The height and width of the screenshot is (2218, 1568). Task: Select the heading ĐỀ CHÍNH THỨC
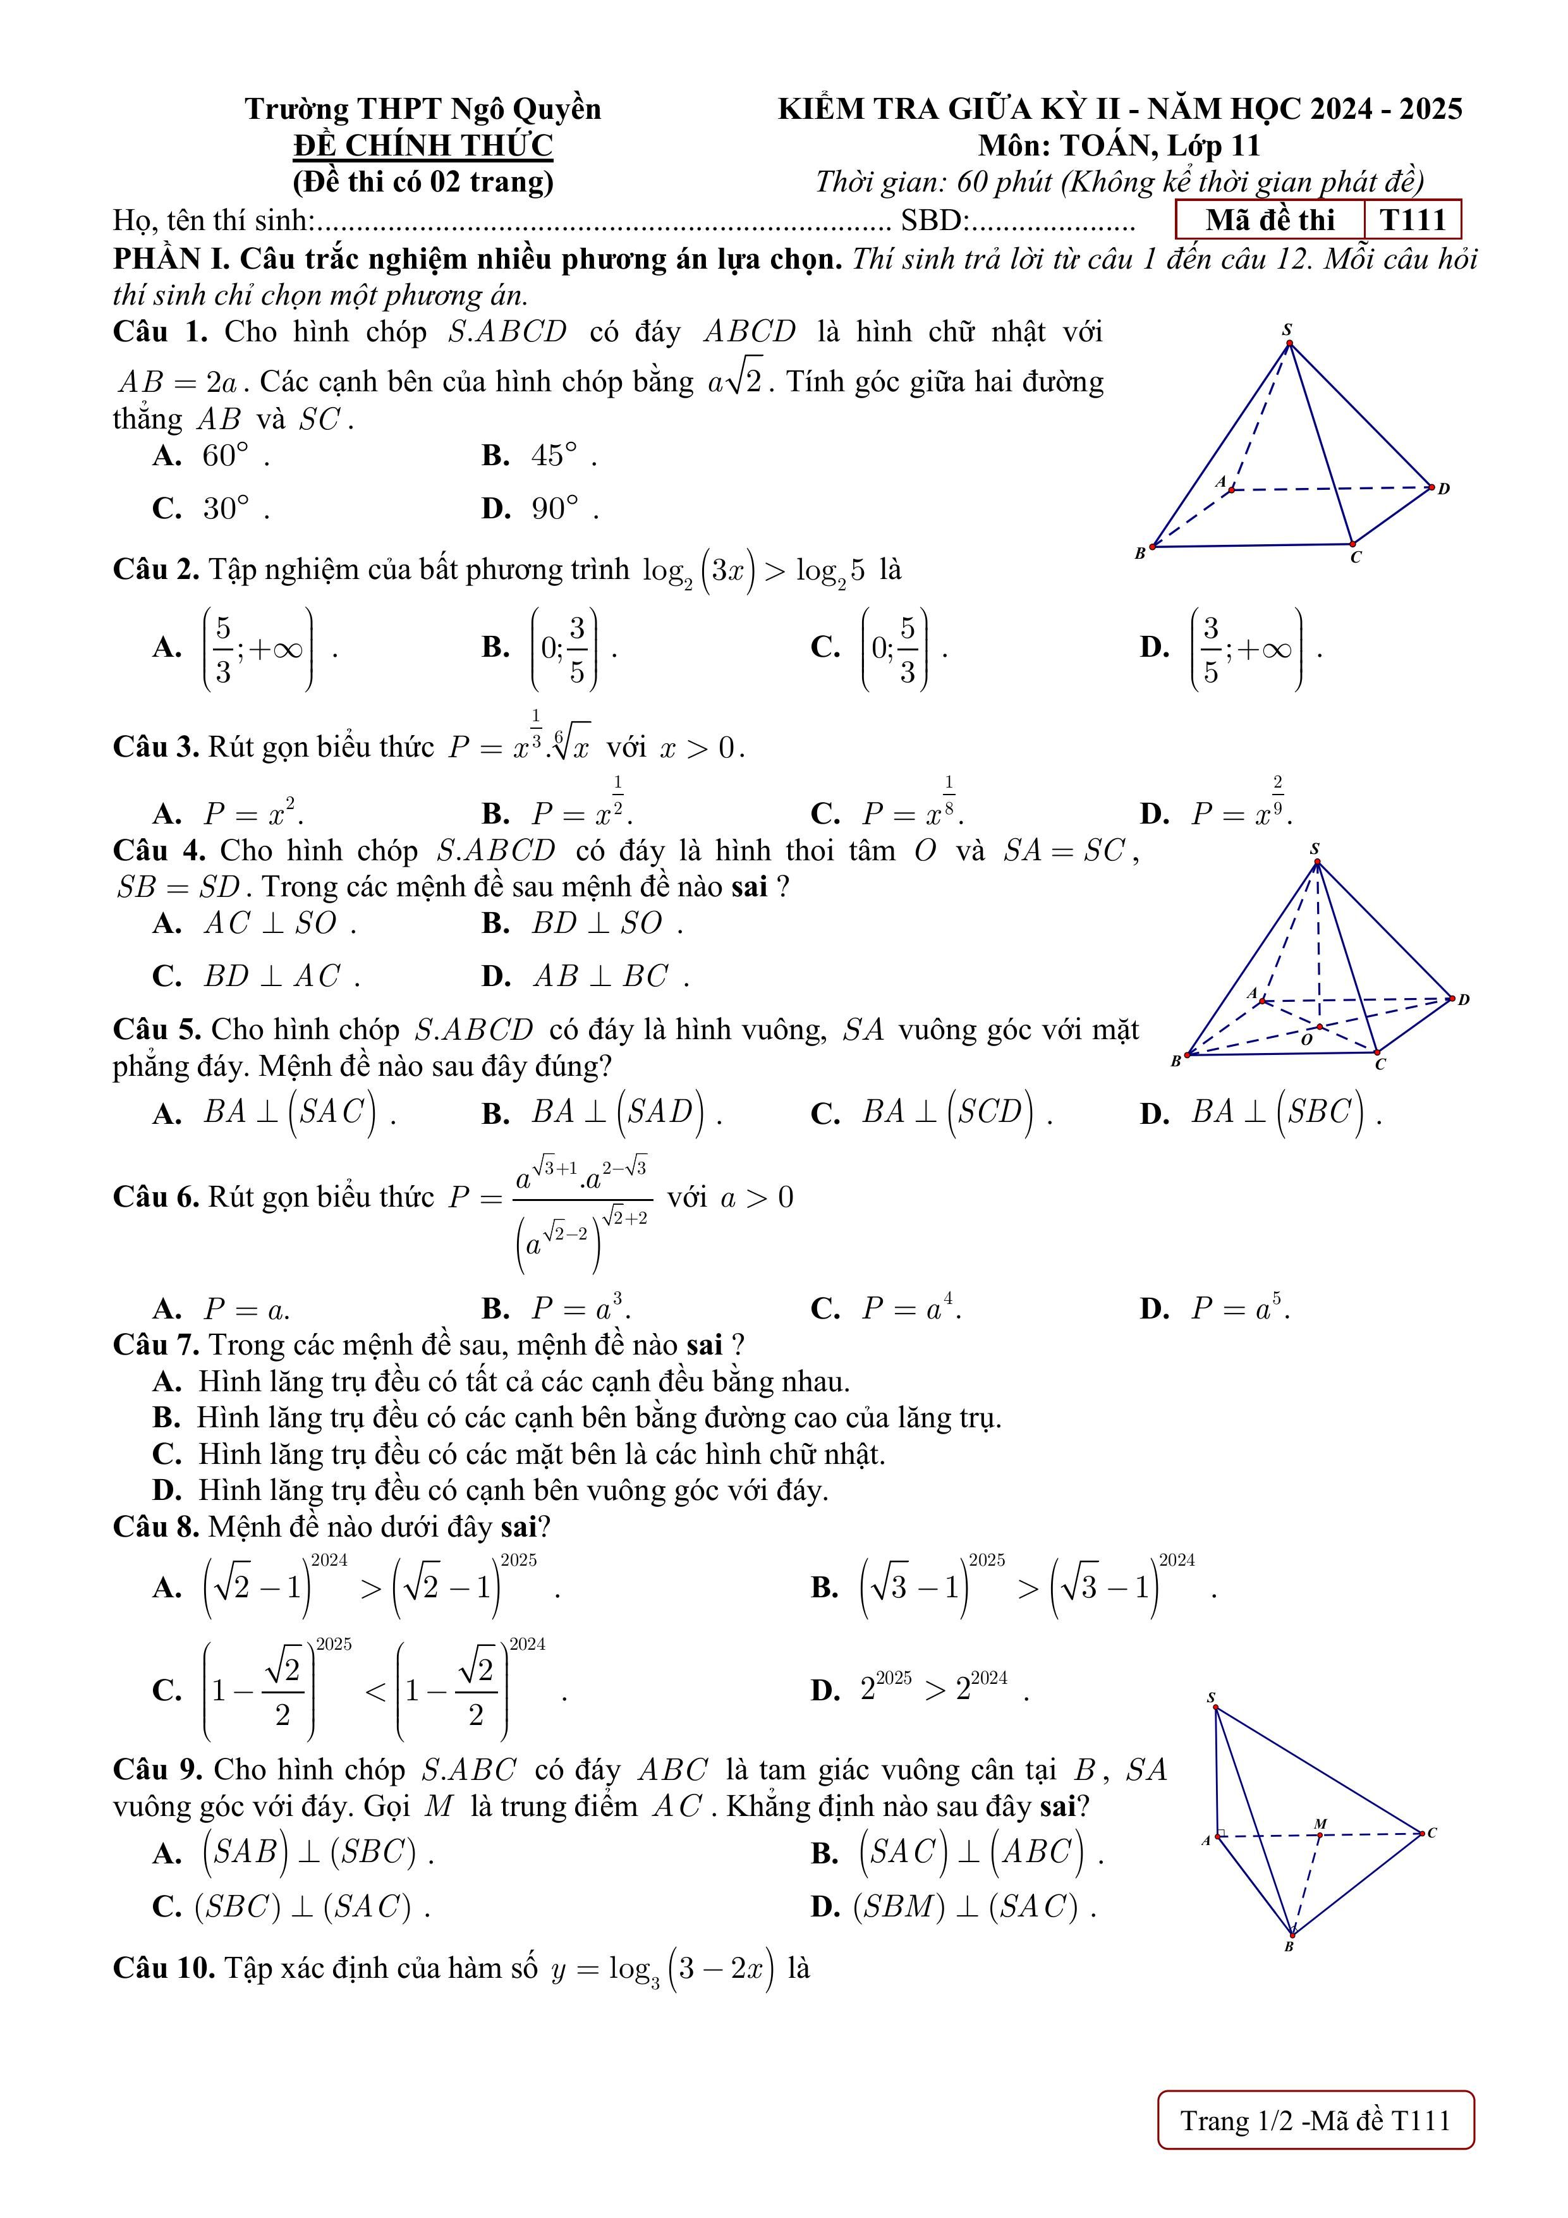423,146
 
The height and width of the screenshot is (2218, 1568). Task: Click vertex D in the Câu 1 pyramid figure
1431,488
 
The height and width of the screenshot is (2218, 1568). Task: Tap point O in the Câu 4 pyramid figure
1319,1026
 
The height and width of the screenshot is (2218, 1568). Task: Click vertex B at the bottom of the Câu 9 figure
1292,1935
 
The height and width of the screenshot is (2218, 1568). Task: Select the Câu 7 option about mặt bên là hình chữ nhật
541,1454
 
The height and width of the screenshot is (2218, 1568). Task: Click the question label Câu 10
163,1967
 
